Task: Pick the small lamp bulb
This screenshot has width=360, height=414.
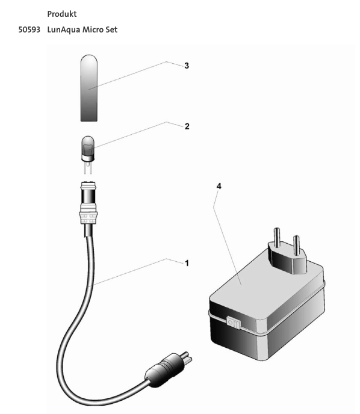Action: tap(87, 147)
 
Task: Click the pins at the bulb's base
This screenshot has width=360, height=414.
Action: tap(88, 168)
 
